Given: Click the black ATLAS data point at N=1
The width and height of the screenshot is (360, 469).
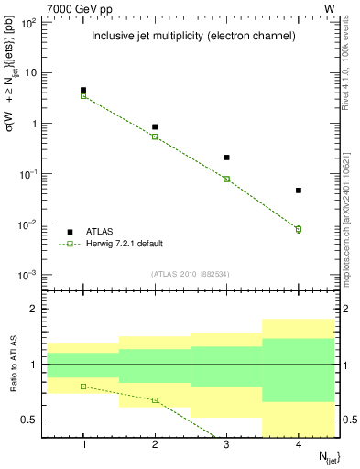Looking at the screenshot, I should pyautogui.click(x=83, y=90).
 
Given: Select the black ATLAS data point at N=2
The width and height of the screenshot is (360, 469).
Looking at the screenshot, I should pyautogui.click(x=155, y=126).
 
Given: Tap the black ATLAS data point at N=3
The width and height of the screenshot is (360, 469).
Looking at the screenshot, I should pyautogui.click(x=226, y=158).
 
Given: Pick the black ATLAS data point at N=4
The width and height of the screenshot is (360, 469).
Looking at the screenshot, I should pyautogui.click(x=299, y=191).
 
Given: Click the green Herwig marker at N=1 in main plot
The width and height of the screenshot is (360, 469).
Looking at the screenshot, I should pyautogui.click(x=83, y=95).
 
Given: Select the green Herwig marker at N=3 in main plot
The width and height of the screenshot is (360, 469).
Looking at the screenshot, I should pyautogui.click(x=226, y=179).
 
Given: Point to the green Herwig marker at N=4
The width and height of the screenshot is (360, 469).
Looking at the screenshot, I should pyautogui.click(x=299, y=229).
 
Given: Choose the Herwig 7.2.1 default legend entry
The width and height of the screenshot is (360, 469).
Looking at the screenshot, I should pyautogui.click(x=124, y=244).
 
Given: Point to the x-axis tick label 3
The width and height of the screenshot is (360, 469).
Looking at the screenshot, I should pyautogui.click(x=226, y=444).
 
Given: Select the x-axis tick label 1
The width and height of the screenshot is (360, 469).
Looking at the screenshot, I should pyautogui.click(x=83, y=444).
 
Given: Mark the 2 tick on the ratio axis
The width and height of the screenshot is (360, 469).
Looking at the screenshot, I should pyautogui.click(x=39, y=309).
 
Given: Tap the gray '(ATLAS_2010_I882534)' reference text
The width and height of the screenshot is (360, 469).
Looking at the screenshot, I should pyautogui.click(x=191, y=274).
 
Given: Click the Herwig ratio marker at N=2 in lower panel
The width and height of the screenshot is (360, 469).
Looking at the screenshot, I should pyautogui.click(x=155, y=400).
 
